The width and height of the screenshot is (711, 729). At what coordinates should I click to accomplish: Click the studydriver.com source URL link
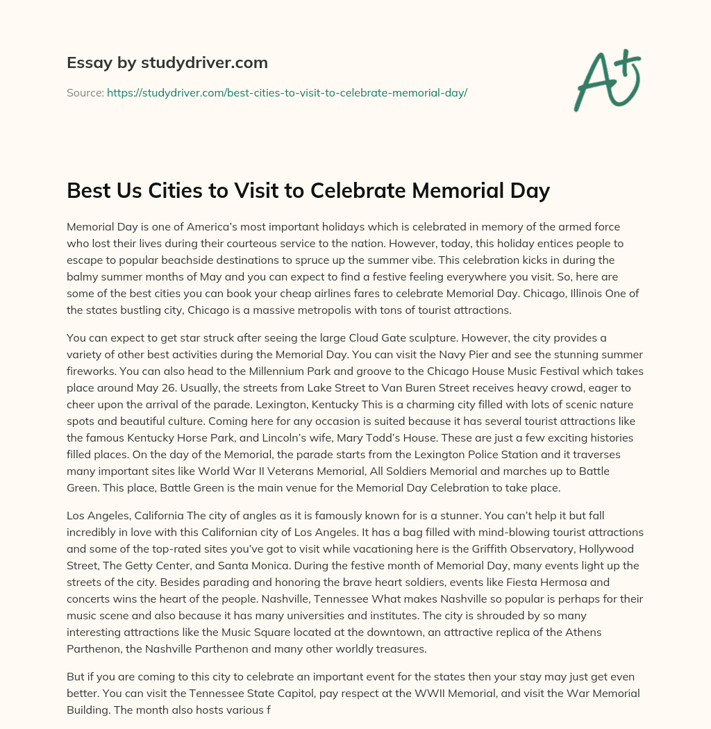point(287,92)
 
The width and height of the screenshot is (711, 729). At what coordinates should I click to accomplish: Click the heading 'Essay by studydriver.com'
point(167,62)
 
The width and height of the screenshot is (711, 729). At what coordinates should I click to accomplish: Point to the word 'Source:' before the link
point(85,92)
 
